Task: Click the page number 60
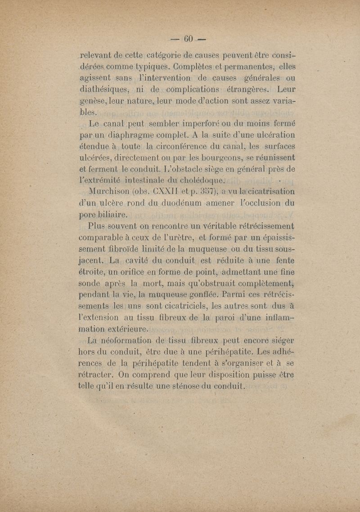pos(185,37)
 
